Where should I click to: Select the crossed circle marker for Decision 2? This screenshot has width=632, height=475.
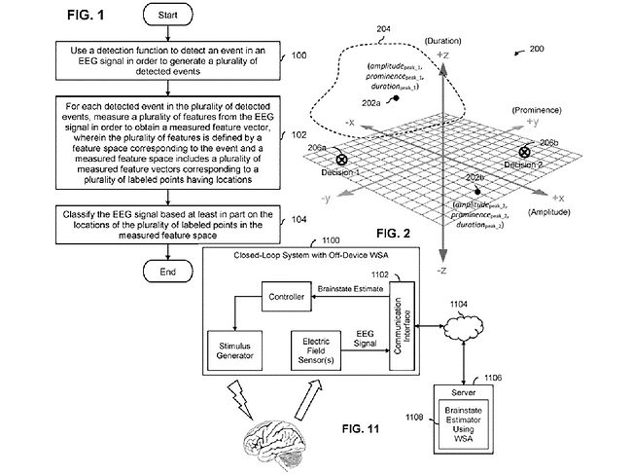coord(525,152)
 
